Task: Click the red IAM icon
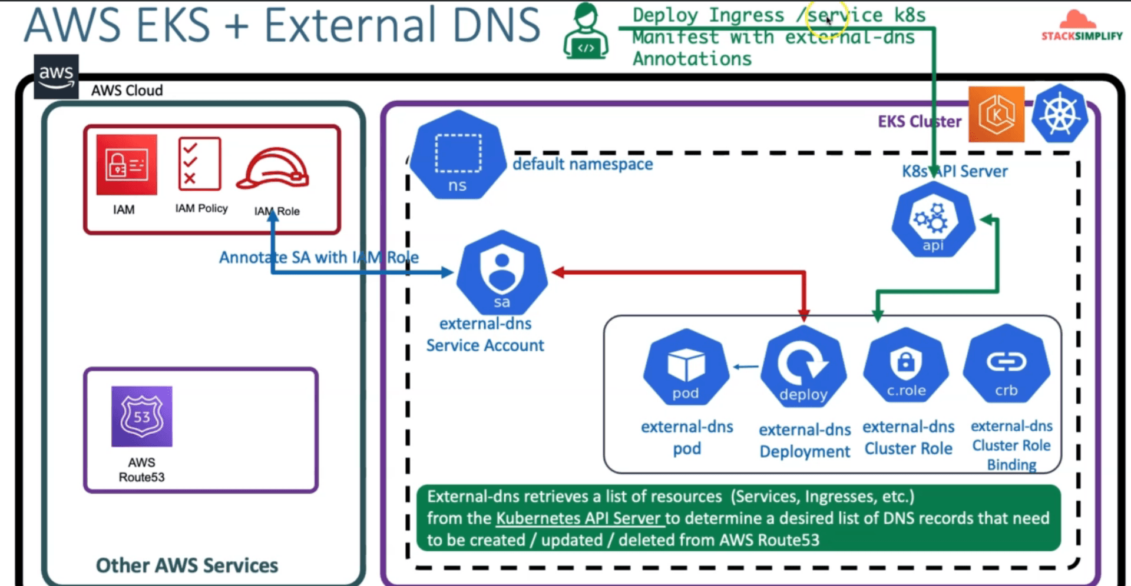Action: [127, 165]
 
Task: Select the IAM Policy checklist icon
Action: [200, 164]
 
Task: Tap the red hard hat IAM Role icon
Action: [273, 169]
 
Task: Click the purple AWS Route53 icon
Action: [142, 417]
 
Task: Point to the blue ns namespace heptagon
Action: [458, 155]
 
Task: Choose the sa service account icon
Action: [502, 272]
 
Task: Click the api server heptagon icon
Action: [933, 220]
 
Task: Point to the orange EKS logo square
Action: [997, 114]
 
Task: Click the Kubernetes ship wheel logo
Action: [1060, 114]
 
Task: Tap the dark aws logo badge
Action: [56, 76]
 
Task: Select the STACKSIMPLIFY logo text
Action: [1082, 36]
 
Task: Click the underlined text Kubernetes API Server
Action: [578, 518]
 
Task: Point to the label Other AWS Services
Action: [187, 565]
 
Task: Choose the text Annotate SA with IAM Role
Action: [319, 257]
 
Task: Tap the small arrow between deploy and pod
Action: [746, 367]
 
